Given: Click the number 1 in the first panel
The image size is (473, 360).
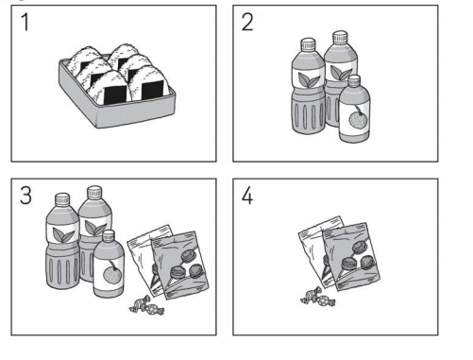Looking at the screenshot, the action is pyautogui.click(x=25, y=22).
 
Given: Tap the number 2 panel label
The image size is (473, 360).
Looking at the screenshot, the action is pyautogui.click(x=247, y=22).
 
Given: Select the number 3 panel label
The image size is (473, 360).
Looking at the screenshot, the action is pyautogui.click(x=25, y=196).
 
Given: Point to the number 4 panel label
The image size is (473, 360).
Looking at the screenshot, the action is pyautogui.click(x=247, y=196).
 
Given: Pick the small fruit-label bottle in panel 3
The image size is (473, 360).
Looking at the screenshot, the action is pyautogui.click(x=109, y=264).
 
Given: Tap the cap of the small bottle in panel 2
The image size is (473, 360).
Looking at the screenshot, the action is pyautogui.click(x=354, y=80).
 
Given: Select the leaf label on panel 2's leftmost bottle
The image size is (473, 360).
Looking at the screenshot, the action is pyautogui.click(x=309, y=79).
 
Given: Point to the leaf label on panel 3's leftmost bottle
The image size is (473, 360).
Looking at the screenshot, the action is pyautogui.click(x=62, y=234).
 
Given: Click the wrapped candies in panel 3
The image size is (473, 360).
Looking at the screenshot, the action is pyautogui.click(x=146, y=305).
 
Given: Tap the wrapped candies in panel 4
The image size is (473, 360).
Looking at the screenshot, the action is pyautogui.click(x=318, y=297).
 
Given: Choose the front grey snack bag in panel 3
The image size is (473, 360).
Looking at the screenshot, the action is pyautogui.click(x=180, y=266).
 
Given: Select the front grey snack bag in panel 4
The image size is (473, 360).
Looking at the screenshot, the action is pyautogui.click(x=351, y=257).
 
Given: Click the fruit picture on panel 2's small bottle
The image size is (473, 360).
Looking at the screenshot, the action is pyautogui.click(x=357, y=118).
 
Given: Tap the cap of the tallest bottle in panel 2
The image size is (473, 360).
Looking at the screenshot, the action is pyautogui.click(x=340, y=37).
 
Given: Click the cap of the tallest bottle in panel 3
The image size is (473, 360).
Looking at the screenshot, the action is pyautogui.click(x=94, y=192).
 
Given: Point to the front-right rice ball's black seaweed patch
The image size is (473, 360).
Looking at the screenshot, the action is pyautogui.click(x=153, y=90).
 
